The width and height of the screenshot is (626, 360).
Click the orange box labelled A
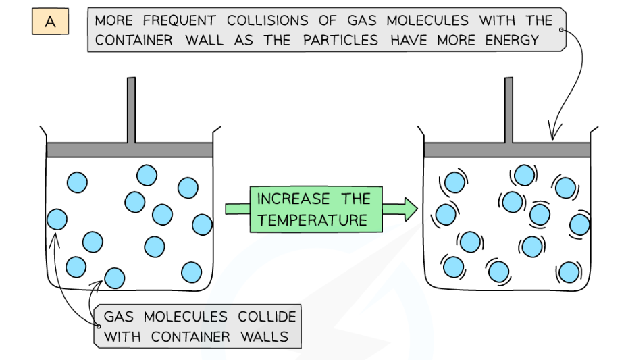[x=50, y=22]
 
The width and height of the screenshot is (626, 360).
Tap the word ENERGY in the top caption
[x=513, y=40]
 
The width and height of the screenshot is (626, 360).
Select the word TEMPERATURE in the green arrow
[x=313, y=220]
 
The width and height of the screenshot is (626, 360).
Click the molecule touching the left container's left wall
[x=56, y=220]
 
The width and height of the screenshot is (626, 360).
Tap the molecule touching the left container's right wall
[x=202, y=224]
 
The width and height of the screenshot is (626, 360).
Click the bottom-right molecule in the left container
[x=192, y=272]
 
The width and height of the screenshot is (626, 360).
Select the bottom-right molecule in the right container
[x=569, y=272]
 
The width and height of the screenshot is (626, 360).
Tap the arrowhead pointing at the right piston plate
[x=552, y=137]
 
